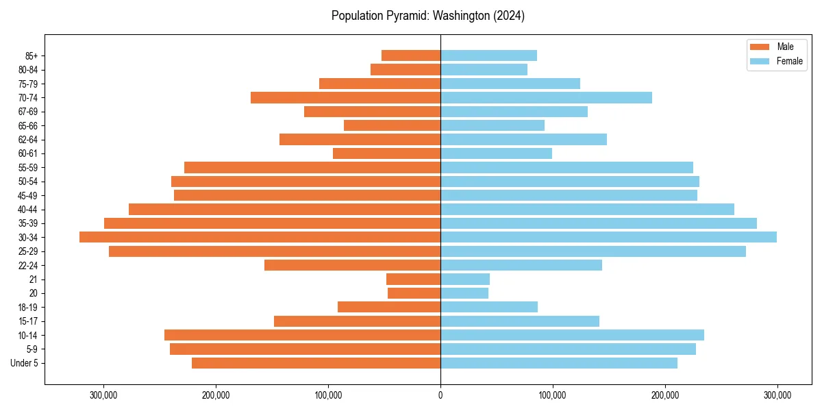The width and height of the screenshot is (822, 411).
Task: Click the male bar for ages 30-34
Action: pos(260,237)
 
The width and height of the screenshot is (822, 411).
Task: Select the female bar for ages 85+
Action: pos(488,55)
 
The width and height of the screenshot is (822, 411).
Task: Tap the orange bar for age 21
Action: pos(413,279)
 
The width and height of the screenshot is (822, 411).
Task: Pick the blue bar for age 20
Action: pos(464,293)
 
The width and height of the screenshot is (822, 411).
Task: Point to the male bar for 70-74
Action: pos(345,97)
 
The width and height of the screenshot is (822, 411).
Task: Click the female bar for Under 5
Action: pos(559,363)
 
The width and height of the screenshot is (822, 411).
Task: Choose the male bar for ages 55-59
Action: pos(312,167)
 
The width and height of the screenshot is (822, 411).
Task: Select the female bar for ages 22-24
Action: pos(521,265)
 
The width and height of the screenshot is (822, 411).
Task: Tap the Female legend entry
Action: pos(777,61)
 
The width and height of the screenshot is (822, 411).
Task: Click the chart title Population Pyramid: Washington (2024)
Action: pos(428,16)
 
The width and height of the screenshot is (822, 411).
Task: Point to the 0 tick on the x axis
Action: pos(440,395)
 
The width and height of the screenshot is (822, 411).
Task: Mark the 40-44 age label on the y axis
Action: pos(27,210)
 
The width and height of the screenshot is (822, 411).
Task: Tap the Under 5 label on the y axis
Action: pos(25,363)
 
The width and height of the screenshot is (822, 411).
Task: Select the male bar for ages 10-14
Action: pos(302,335)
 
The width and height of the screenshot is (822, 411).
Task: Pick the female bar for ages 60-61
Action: pos(496,153)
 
